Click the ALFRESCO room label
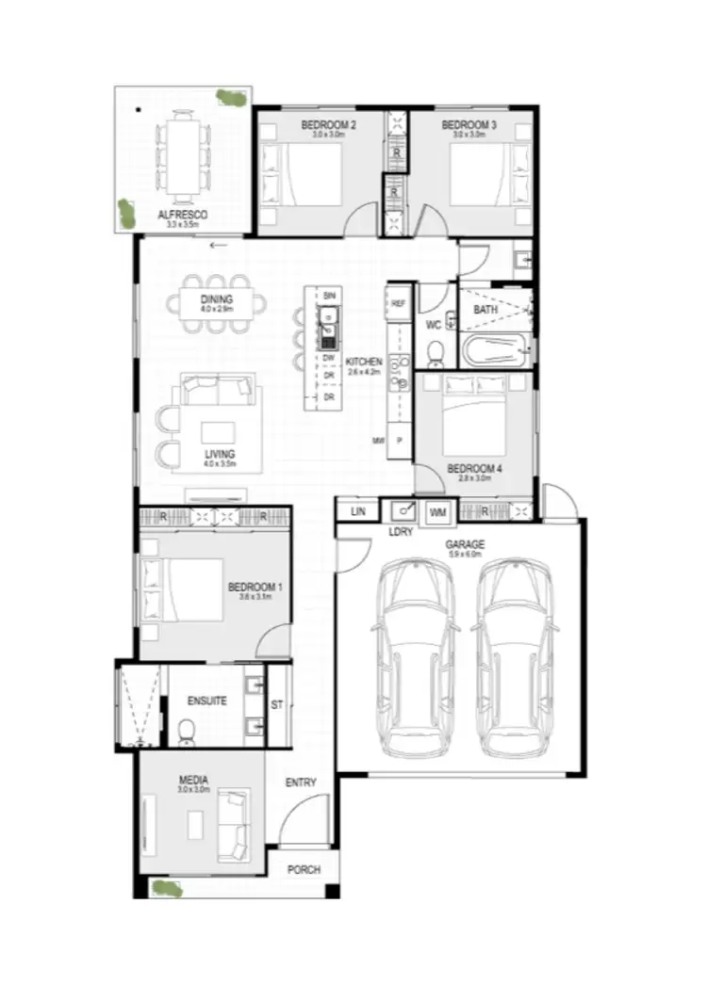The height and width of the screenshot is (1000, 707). point(183,215)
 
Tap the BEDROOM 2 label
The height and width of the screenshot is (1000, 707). point(328,125)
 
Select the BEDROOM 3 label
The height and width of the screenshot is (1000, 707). point(469,125)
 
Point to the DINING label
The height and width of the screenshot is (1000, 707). point(217,300)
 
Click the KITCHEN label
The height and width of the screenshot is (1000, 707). point(364,362)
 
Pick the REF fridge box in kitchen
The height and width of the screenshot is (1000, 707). point(399,303)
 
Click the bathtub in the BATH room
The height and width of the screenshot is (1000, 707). point(495,352)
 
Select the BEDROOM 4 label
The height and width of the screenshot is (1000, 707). point(474,468)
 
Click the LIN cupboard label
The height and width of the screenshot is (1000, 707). point(357,511)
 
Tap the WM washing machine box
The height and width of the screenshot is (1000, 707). point(437,512)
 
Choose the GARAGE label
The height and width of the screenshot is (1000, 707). point(465,545)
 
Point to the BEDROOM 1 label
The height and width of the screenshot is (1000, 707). point(255,587)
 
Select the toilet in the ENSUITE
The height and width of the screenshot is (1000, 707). point(186,730)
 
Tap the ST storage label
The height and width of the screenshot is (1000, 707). point(277,703)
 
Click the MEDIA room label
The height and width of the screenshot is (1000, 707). point(193,780)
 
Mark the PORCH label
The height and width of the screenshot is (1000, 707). point(304,870)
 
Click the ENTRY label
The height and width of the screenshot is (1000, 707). point(301,782)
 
